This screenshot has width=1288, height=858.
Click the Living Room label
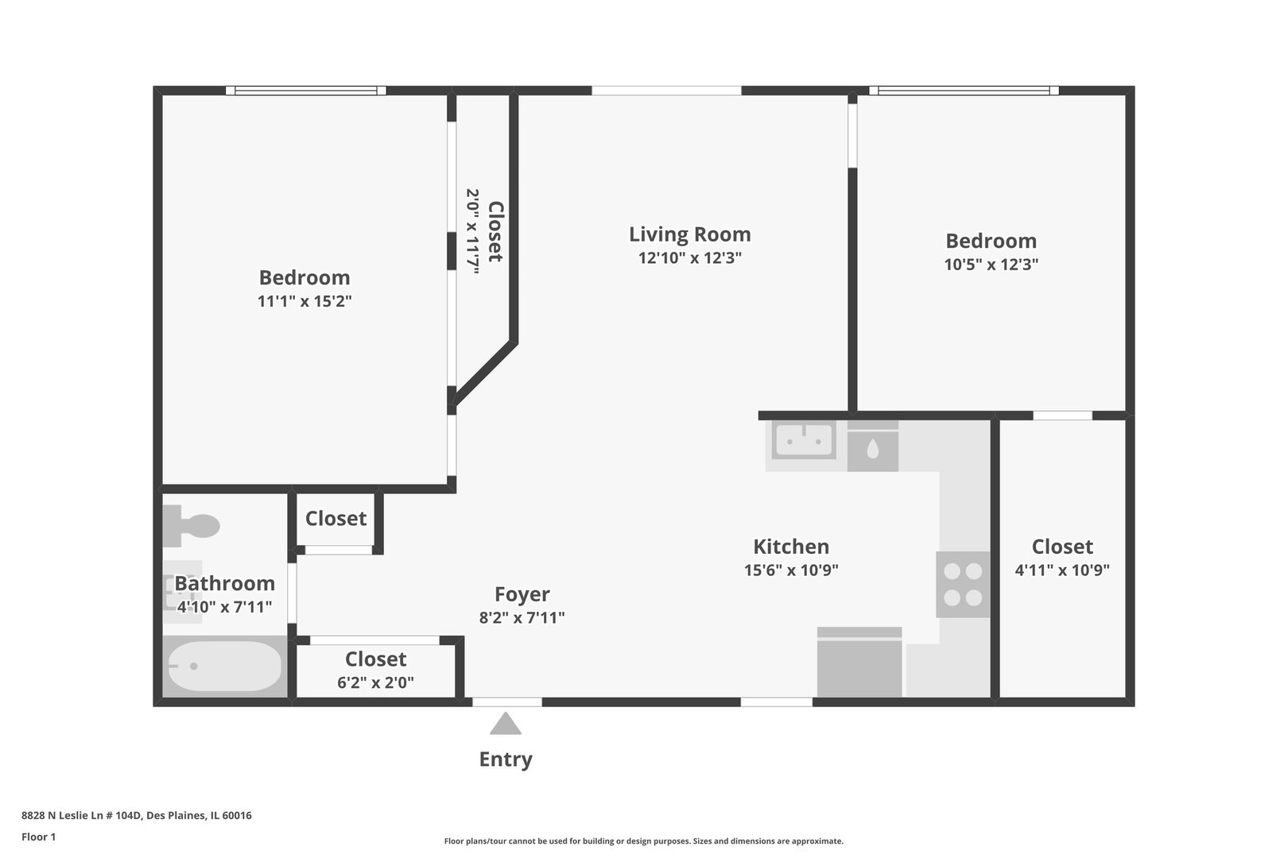(x=689, y=234)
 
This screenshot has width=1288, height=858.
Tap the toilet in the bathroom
(x=191, y=526)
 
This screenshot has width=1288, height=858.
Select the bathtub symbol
(x=225, y=666)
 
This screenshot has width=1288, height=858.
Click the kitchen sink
(x=804, y=440)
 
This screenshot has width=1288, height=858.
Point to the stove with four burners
(x=963, y=585)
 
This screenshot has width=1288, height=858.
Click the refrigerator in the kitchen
(x=859, y=662)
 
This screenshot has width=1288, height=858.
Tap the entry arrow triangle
(x=506, y=724)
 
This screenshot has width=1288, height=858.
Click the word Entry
(x=506, y=759)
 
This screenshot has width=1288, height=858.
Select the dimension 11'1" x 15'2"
(x=305, y=301)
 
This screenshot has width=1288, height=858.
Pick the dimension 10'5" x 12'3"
(x=991, y=265)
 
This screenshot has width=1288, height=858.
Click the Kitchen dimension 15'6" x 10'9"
(x=791, y=570)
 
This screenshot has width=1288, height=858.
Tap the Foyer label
(x=522, y=593)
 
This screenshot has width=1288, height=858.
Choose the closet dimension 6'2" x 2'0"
(x=375, y=682)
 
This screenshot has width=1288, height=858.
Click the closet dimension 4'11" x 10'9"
(x=1062, y=570)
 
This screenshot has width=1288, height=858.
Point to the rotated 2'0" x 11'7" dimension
(x=472, y=232)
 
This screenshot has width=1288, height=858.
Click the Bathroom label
(x=225, y=583)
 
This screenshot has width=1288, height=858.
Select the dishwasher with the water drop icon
(x=873, y=446)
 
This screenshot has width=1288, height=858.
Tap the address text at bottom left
(x=137, y=815)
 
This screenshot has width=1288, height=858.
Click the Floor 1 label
(x=38, y=837)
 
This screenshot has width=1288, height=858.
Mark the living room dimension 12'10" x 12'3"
(x=690, y=258)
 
